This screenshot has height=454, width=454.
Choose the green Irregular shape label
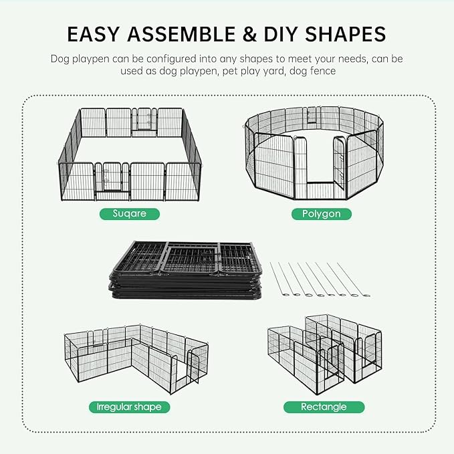click(x=129, y=407)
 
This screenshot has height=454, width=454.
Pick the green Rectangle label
click(x=324, y=407)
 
